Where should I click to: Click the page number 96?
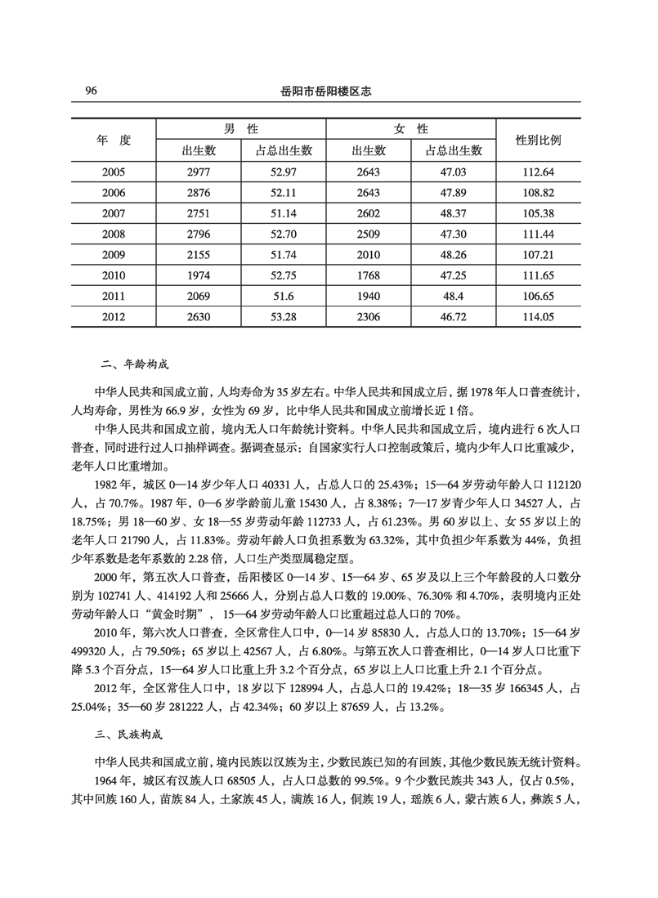tap(91, 92)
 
